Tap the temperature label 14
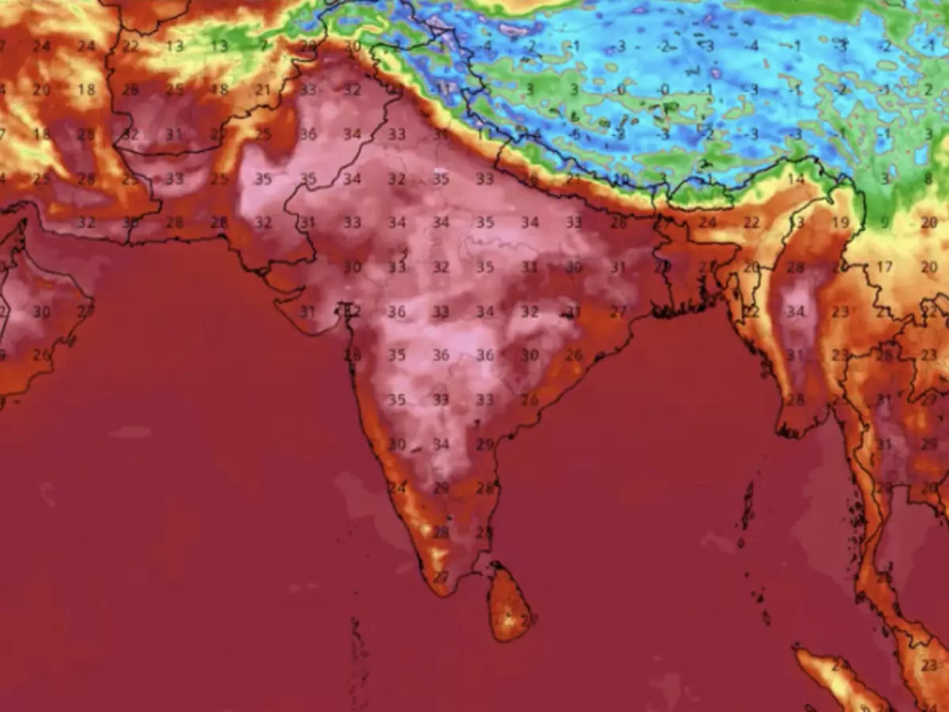pos(795,180)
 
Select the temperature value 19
pos(840,223)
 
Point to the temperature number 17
pos(883,267)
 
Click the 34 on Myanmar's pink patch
pos(795,312)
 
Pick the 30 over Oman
pos(41,312)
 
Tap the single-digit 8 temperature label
pos(928,180)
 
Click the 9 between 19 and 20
pos(884,223)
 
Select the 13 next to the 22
pos(175,46)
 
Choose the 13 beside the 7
pos(219,46)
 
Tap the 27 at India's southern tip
pos(440,577)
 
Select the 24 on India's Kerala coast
pos(396,488)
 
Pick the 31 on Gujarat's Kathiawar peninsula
pos(307,312)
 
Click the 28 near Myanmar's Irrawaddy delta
pos(795,400)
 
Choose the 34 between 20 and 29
pos(440,445)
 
